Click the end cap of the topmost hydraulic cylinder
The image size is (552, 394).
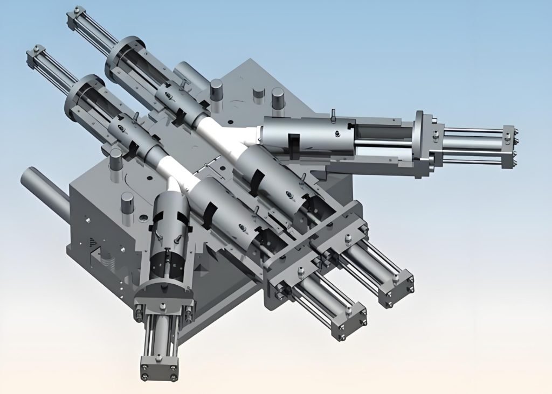pyautogui.click(x=76, y=17)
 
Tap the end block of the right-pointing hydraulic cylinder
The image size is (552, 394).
pyautogui.click(x=509, y=146)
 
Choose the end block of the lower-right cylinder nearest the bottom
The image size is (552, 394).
pyautogui.click(x=349, y=323)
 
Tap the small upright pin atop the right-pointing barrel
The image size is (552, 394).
pyautogui.click(x=334, y=115)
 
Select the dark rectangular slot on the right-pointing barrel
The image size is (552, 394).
pyautogui.click(x=294, y=145)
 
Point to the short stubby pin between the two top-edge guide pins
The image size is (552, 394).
pyautogui.click(x=259, y=93)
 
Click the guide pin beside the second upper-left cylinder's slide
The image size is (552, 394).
pyautogui.click(x=116, y=160)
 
